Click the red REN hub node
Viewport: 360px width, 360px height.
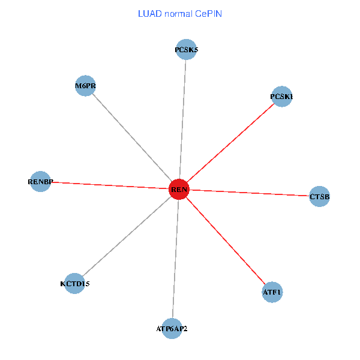click(x=179, y=190)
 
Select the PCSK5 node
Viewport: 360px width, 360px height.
click(x=186, y=50)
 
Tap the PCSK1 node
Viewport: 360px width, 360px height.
click(x=281, y=97)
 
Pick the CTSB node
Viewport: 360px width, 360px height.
click(x=319, y=196)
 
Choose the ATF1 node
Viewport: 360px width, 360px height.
click(x=272, y=293)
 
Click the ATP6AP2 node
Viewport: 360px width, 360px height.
click(x=172, y=328)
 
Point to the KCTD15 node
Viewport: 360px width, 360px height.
click(x=74, y=283)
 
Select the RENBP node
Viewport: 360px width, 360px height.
click(x=40, y=181)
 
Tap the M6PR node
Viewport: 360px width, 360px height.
click(x=86, y=86)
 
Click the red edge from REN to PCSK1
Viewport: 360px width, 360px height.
click(x=230, y=143)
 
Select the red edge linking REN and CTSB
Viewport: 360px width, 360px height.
click(x=249, y=193)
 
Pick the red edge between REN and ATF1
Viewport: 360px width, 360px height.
click(x=225, y=241)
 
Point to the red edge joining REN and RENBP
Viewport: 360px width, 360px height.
click(x=109, y=185)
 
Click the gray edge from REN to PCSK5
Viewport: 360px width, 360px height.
click(x=182, y=120)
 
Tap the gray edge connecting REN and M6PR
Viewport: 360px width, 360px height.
click(x=132, y=137)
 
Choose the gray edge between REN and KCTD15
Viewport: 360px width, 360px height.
click(x=127, y=236)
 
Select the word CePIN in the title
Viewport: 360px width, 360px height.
click(x=208, y=13)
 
